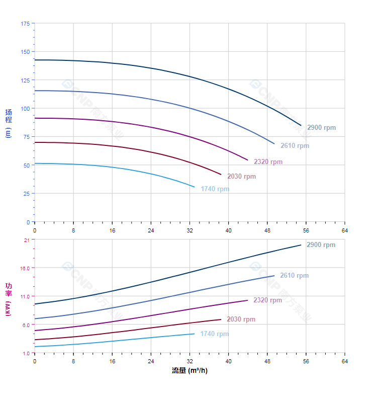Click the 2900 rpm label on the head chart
point(321,128)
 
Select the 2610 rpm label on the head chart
point(295,146)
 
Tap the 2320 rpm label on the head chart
point(268,162)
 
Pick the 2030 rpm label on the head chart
point(241,177)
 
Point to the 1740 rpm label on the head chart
point(215,189)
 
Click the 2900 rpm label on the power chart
point(321,245)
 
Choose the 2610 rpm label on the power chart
point(294,276)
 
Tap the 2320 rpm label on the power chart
point(267,300)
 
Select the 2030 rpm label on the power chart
point(241,319)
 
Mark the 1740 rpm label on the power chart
point(214,334)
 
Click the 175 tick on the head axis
point(25,24)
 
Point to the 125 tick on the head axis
point(25,80)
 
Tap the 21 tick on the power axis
point(27,240)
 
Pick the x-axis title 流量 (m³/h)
point(190,371)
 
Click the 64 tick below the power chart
point(344,361)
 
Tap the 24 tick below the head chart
point(151,230)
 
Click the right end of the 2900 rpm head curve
point(301,125)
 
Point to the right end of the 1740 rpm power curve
point(194,334)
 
